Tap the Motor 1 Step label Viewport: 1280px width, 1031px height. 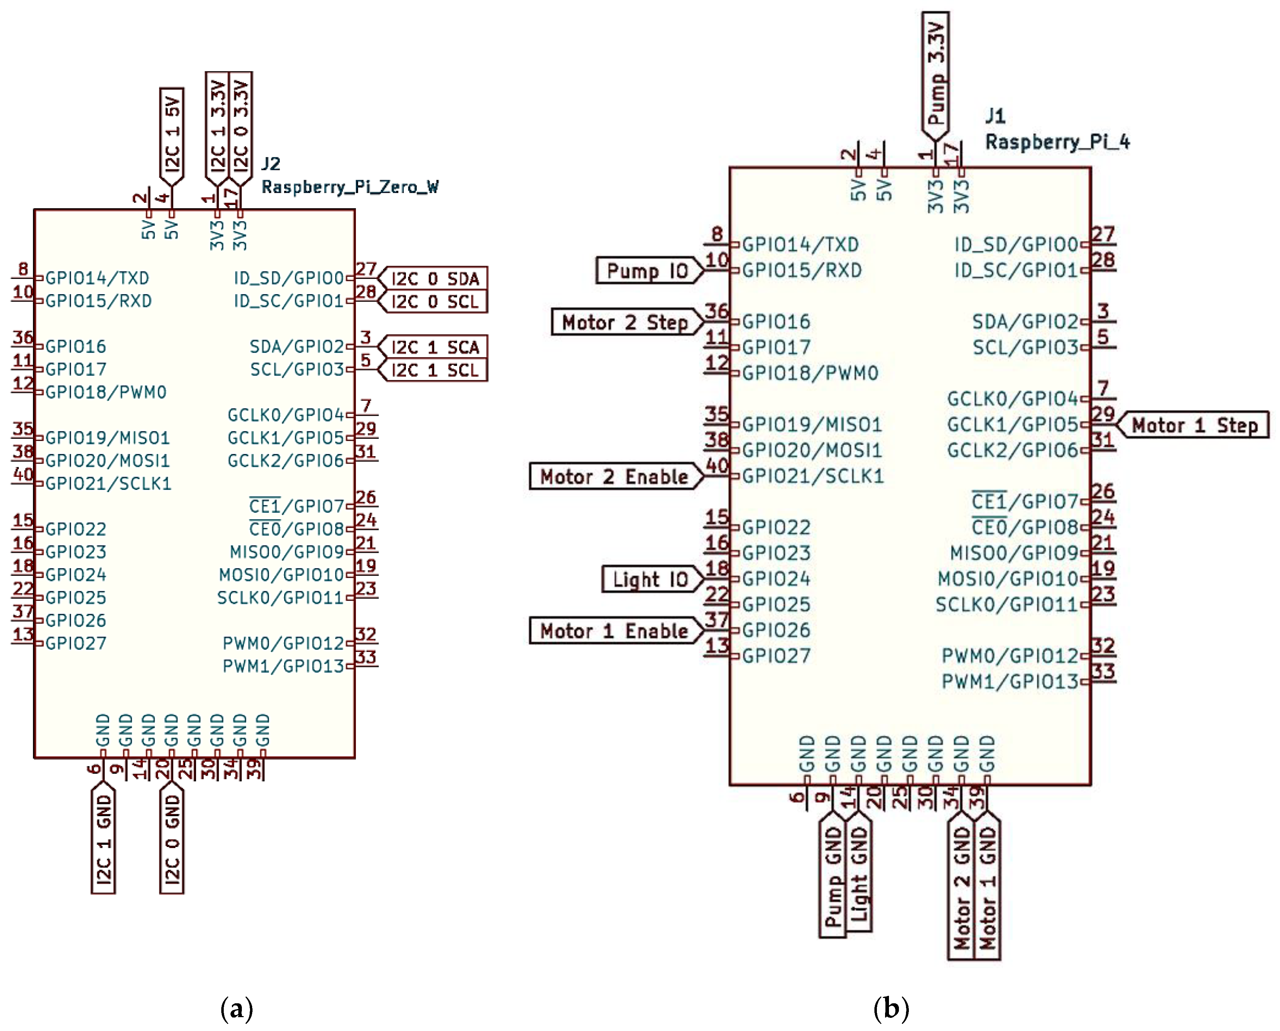(x=1194, y=425)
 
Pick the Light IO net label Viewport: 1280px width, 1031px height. (x=650, y=579)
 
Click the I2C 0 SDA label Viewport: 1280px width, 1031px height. (x=435, y=279)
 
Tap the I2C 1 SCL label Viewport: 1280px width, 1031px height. (x=435, y=370)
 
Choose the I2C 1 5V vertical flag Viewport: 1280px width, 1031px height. (x=172, y=134)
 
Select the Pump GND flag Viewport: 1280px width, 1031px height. (x=833, y=876)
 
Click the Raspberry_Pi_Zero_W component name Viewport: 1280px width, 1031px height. (x=350, y=187)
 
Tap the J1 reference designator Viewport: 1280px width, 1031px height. (x=996, y=116)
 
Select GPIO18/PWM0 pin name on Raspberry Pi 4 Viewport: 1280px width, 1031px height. (x=810, y=373)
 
